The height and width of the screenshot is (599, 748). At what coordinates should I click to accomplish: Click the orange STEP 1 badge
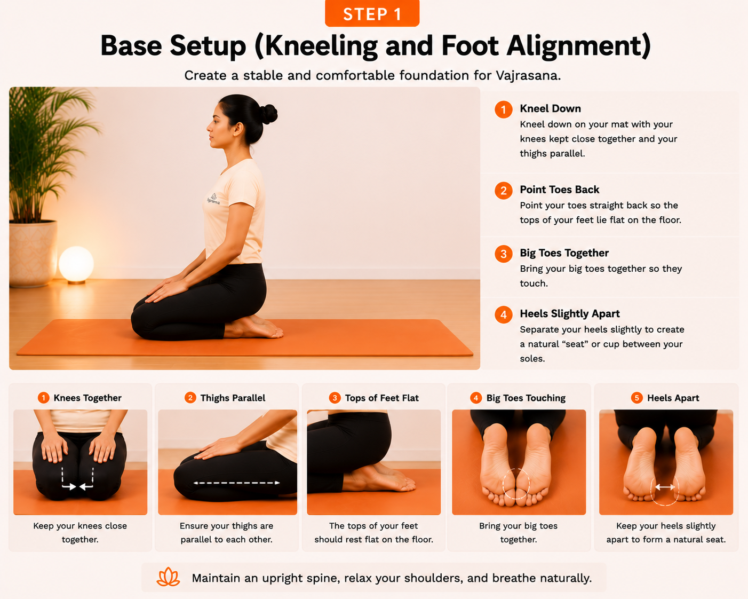click(372, 13)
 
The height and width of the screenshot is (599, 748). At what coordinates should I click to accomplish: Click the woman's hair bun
click(269, 114)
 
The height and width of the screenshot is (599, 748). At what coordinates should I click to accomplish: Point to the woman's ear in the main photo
click(238, 129)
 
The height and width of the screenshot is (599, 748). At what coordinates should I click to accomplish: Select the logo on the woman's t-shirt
click(213, 199)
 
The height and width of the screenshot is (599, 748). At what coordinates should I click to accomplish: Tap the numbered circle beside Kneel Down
click(503, 109)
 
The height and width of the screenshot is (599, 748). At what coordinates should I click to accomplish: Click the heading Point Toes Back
click(559, 190)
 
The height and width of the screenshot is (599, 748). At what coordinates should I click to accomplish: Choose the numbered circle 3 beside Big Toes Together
click(503, 254)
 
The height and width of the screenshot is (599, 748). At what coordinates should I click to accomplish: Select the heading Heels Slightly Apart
click(570, 314)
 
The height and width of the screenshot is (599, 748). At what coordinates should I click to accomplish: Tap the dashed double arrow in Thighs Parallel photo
click(236, 483)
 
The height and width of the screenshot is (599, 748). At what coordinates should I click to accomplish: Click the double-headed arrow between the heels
click(665, 487)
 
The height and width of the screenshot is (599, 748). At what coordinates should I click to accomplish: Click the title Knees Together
click(87, 398)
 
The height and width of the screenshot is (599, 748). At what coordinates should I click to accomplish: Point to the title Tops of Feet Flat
click(381, 398)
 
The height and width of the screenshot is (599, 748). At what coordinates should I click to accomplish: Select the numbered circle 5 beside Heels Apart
click(636, 398)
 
